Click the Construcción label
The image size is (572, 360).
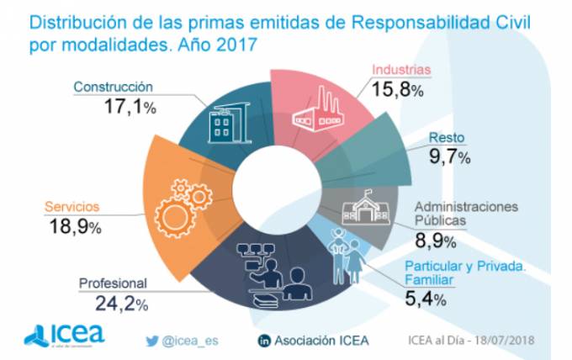point(112,87)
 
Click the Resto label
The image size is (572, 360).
point(448,137)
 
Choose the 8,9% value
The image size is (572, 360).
point(437,241)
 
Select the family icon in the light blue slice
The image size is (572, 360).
point(345,251)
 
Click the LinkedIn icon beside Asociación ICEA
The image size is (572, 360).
point(263,340)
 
